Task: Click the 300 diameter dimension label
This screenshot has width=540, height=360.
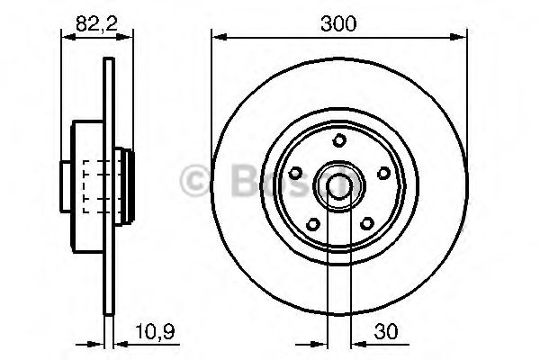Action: tap(338, 24)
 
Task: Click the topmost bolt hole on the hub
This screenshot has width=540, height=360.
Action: tap(338, 140)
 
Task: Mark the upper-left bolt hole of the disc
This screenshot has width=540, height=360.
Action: tap(295, 173)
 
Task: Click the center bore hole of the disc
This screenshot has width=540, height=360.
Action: tap(338, 185)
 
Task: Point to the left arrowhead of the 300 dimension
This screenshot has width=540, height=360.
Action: tap(217, 37)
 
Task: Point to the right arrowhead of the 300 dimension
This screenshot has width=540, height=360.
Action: tap(462, 37)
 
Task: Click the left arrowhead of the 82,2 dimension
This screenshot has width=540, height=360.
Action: tap(67, 37)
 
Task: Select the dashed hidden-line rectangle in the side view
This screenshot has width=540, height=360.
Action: tap(95, 185)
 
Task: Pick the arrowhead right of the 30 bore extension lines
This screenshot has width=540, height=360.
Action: tap(357, 343)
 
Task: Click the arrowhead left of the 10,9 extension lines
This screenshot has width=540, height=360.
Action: tap(97, 343)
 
